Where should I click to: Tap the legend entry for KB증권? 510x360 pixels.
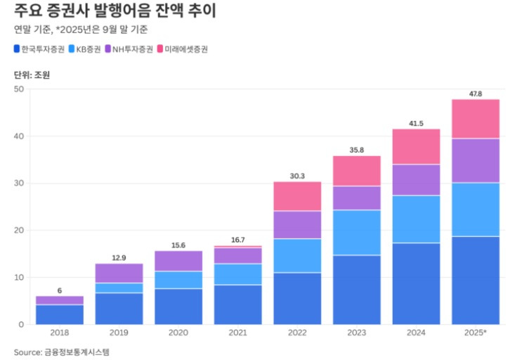pyautogui.click(x=91, y=49)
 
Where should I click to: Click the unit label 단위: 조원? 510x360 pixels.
pyautogui.click(x=32, y=75)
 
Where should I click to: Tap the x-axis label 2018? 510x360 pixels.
pyautogui.click(x=60, y=331)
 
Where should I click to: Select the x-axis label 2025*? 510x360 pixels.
pyautogui.click(x=475, y=331)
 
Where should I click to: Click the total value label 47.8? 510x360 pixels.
pyautogui.click(x=476, y=94)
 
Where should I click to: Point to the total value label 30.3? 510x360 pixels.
pyautogui.click(x=297, y=176)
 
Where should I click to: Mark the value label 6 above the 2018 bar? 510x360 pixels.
pyautogui.click(x=60, y=290)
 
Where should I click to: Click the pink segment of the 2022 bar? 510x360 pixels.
pyautogui.click(x=297, y=196)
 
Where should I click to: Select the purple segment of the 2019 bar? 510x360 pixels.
pyautogui.click(x=119, y=274)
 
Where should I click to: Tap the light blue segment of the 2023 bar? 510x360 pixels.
pyautogui.click(x=357, y=233)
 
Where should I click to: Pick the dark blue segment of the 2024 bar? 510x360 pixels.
pyautogui.click(x=416, y=283)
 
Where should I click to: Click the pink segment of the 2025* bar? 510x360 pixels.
pyautogui.click(x=476, y=119)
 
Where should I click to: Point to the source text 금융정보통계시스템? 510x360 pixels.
pyautogui.click(x=78, y=351)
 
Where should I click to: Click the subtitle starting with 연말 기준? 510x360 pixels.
pyautogui.click(x=81, y=30)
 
